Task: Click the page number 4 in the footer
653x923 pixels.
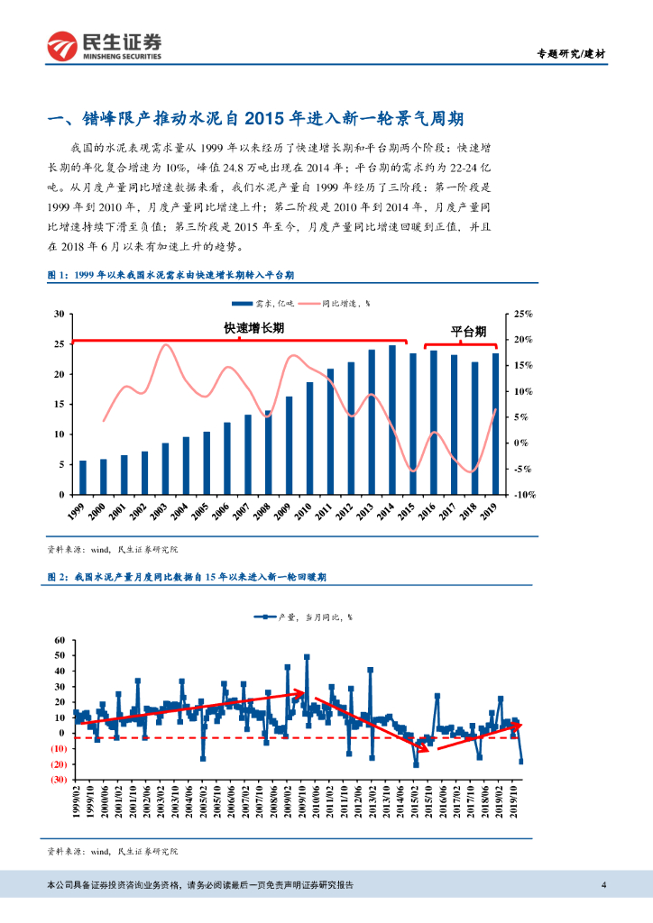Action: point(603,884)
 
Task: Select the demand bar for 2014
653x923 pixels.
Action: point(392,420)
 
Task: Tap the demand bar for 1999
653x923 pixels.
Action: point(83,478)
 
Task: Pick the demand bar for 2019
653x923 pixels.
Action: point(495,424)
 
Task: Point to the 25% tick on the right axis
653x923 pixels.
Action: point(524,314)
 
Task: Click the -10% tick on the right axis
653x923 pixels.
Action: point(524,495)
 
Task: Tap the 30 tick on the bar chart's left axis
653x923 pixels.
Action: point(59,314)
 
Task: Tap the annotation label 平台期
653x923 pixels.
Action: point(469,331)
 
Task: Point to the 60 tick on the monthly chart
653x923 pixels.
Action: point(60,640)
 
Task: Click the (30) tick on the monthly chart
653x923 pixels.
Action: point(59,779)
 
